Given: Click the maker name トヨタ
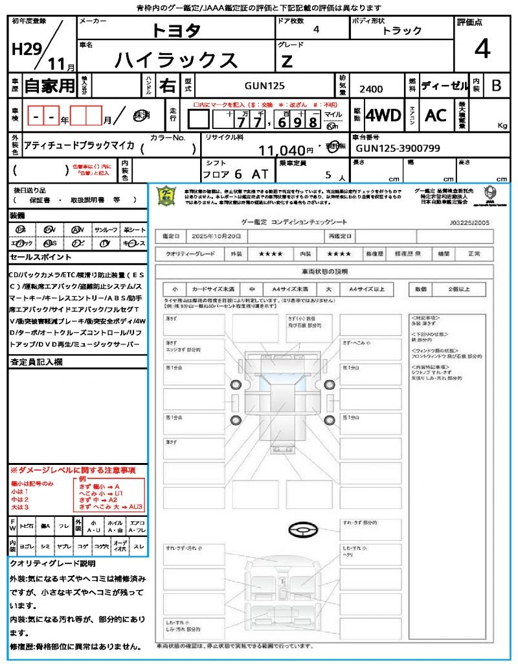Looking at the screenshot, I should [x=176, y=30].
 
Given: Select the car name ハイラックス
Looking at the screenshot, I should [x=176, y=60].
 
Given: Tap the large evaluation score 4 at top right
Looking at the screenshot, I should [x=481, y=49].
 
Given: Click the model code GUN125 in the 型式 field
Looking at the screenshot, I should [x=264, y=86].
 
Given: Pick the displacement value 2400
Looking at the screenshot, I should [x=370, y=89].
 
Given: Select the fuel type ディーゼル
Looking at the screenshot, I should [x=444, y=86].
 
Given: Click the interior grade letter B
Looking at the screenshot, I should [x=496, y=86].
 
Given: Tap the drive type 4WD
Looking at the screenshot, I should [x=383, y=115].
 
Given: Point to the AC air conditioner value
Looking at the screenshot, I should [x=436, y=115].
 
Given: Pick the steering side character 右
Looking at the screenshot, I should [x=167, y=86].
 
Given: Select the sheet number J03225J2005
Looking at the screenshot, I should [x=469, y=222].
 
